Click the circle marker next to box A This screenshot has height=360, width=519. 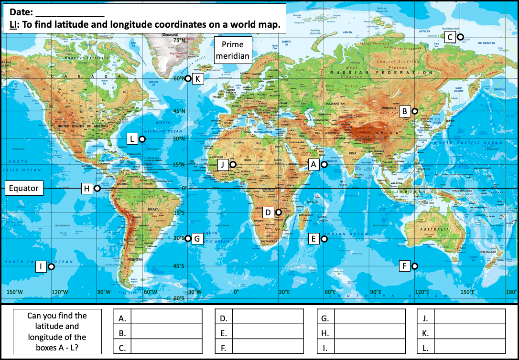click(x=324, y=165)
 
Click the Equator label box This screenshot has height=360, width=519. click(x=23, y=188)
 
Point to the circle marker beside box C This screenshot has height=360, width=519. click(x=460, y=37)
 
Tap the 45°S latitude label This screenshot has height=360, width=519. click(x=179, y=266)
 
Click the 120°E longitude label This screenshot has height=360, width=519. click(x=422, y=292)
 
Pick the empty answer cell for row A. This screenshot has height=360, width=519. click(x=166, y=318)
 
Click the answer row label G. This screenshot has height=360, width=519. click(x=325, y=318)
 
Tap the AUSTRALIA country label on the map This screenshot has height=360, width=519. click(x=434, y=230)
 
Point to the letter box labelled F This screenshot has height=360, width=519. click(x=405, y=266)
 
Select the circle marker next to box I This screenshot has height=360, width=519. click(x=51, y=267)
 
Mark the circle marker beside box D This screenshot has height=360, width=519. click(x=278, y=212)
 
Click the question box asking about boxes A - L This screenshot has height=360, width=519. click(x=57, y=331)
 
